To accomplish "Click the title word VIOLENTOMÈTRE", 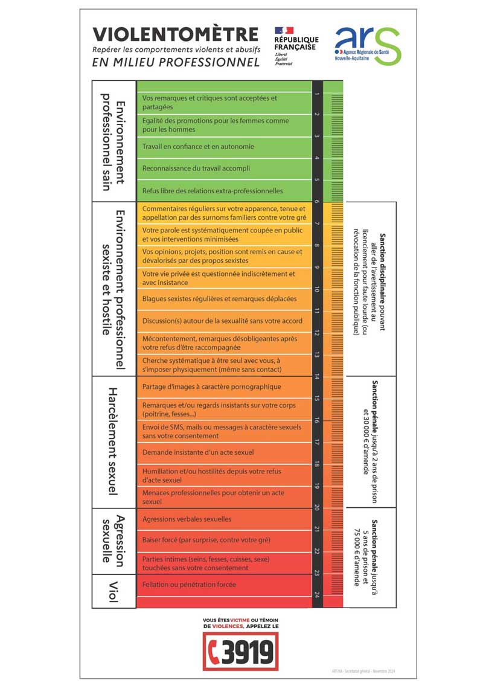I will (175, 34).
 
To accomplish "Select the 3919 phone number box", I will (240, 652).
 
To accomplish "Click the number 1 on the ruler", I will (317, 94).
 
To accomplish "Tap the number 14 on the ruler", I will (317, 377).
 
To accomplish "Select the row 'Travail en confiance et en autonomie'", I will (198, 147).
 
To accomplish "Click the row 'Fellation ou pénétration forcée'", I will (189, 585).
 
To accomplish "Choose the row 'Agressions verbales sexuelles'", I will (187, 519).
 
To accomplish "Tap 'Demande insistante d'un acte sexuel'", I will (197, 452).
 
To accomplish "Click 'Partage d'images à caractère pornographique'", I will (211, 386).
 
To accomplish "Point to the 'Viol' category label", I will (114, 591).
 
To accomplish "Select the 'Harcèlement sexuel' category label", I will (114, 441).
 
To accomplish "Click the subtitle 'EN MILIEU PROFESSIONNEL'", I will (176, 62).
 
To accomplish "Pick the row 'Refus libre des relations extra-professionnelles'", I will (213, 191).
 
